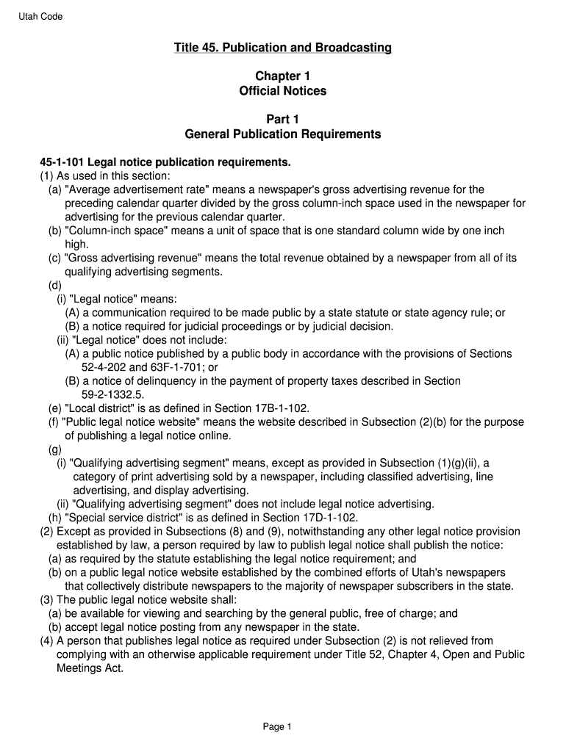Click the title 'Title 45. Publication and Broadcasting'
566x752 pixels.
click(282, 48)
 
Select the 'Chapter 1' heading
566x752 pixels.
click(282, 76)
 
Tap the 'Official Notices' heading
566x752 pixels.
click(282, 91)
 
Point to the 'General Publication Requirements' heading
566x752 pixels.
click(282, 134)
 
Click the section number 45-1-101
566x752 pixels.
click(62, 162)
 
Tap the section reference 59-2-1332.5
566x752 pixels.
click(112, 394)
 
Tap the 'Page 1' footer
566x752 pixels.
click(278, 727)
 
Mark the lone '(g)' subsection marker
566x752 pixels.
click(55, 449)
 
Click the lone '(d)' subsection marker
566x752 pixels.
click(55, 285)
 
